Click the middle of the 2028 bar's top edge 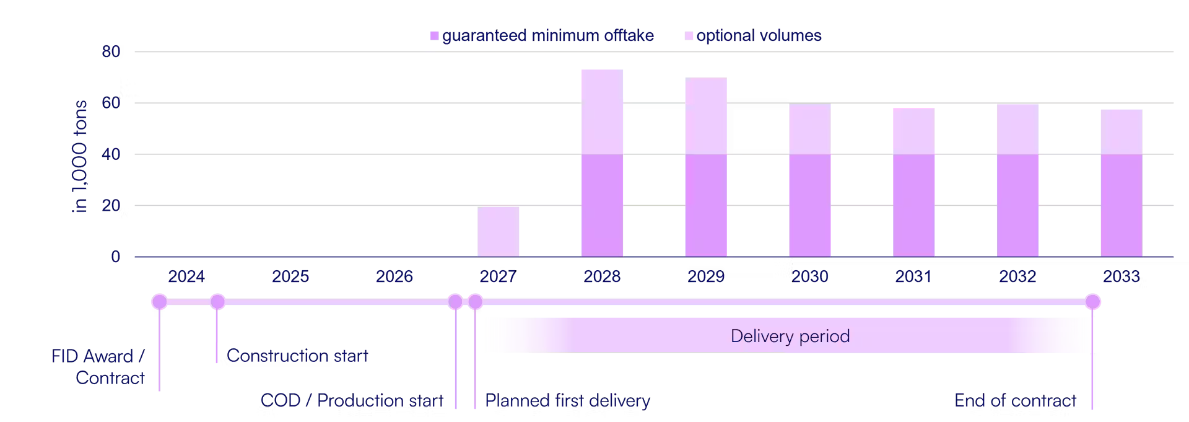(602, 70)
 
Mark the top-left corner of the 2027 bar (477, 207)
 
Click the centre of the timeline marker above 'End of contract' (1092, 302)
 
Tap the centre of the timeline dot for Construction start (217, 302)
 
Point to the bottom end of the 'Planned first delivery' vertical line (475, 409)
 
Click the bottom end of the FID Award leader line (159, 391)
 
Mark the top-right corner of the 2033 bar (1142, 110)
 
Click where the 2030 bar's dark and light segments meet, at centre (810, 154)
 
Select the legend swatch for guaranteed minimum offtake (435, 36)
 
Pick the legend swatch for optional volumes (689, 36)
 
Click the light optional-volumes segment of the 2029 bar (706, 116)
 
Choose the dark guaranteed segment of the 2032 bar (1017, 205)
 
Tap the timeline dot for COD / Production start (455, 302)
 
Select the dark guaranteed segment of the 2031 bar (913, 205)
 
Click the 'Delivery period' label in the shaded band (790, 336)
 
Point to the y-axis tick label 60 (111, 103)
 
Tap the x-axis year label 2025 (290, 276)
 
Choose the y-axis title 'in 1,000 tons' (79, 156)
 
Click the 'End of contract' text (1015, 400)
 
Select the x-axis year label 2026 (394, 276)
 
